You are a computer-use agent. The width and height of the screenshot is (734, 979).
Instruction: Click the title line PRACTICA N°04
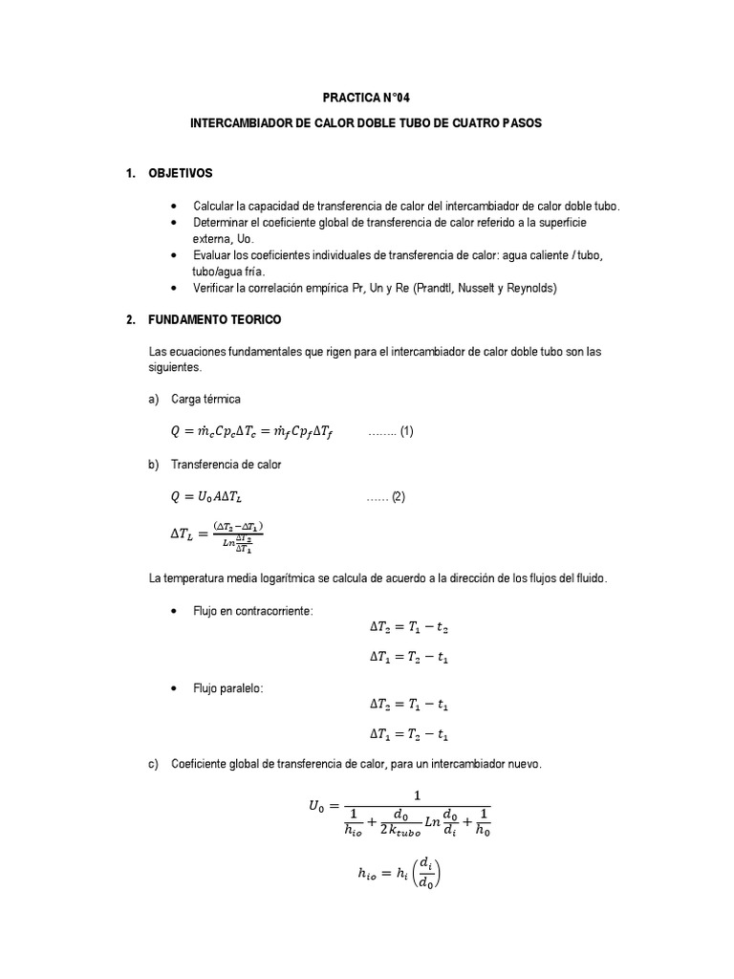point(366,98)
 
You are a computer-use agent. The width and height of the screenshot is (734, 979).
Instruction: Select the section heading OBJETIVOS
point(181,173)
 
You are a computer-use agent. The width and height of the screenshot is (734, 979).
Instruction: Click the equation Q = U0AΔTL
point(213,497)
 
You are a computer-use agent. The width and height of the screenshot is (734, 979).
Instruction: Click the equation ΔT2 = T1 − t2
point(410,628)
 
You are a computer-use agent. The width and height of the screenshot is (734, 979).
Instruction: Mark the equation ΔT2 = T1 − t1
point(410,705)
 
